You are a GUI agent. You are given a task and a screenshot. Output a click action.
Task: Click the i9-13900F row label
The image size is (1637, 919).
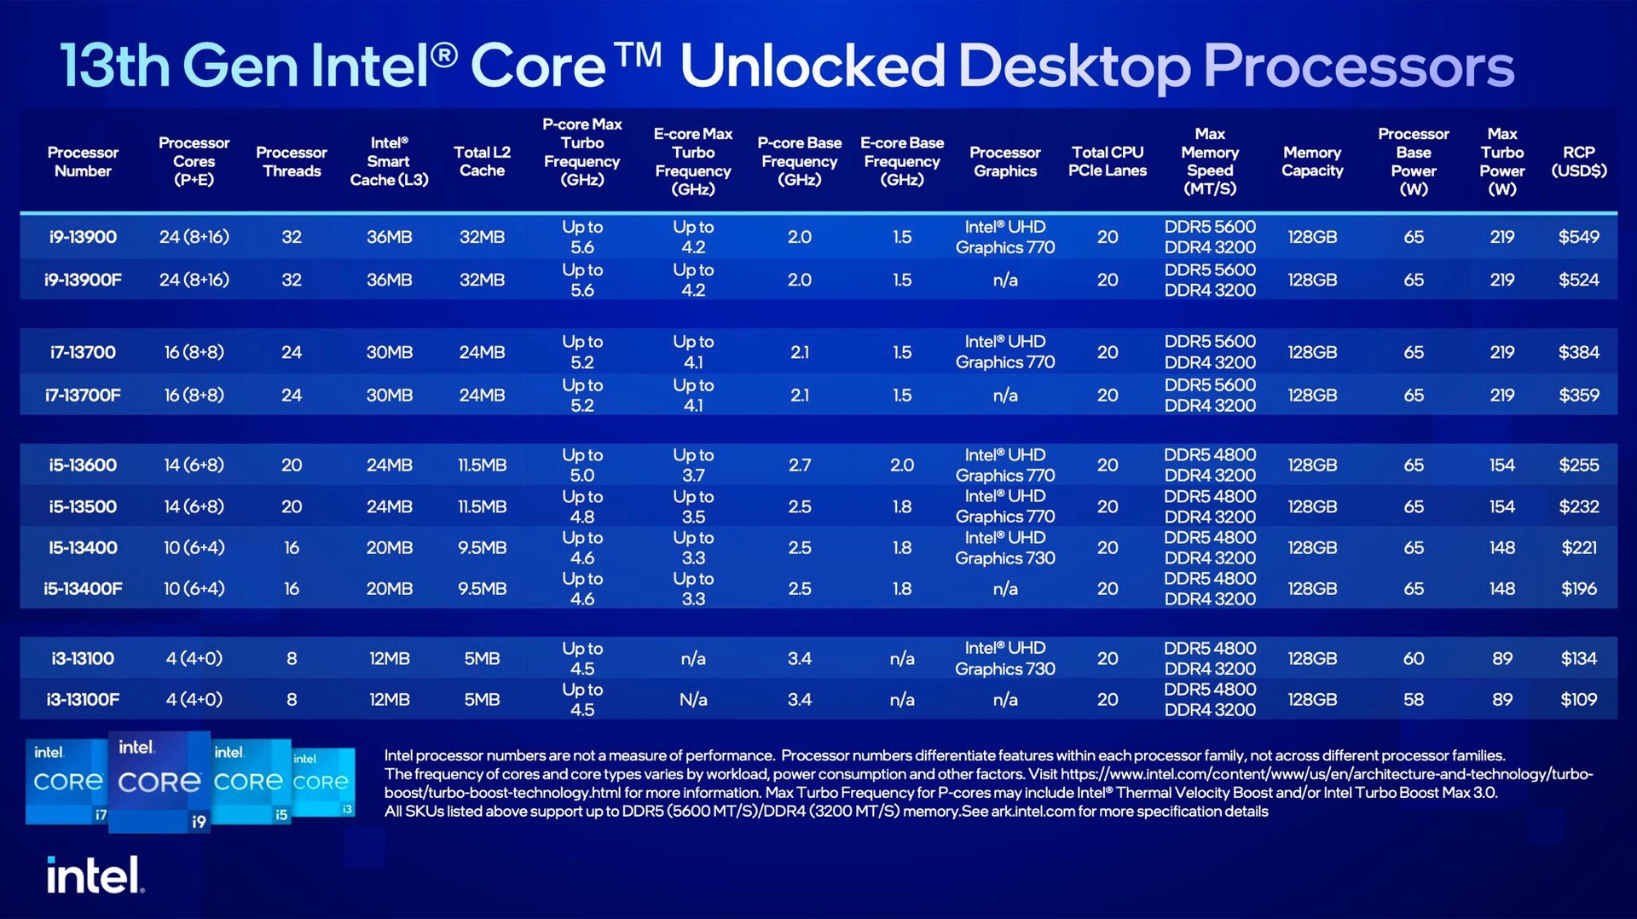click(83, 280)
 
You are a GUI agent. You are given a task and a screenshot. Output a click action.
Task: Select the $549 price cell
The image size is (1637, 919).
click(1578, 237)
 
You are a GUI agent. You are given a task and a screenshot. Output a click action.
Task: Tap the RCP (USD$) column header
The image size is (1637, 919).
click(1578, 161)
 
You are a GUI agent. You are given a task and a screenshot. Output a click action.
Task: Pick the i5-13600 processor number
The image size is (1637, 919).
click(83, 465)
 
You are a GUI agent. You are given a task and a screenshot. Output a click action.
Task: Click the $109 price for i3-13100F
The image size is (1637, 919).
click(1578, 699)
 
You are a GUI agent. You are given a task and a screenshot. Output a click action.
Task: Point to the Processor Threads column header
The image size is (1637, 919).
click(291, 161)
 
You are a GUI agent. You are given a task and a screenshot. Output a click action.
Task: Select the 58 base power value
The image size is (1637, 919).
click(1413, 699)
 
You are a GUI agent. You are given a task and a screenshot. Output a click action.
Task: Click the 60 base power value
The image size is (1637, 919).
click(1413, 658)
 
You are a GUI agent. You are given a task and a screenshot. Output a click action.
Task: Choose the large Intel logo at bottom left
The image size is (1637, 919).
click(95, 876)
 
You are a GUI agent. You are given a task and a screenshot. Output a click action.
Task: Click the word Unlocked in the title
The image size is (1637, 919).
click(812, 66)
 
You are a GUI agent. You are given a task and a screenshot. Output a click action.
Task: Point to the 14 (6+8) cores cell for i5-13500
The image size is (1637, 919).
click(194, 506)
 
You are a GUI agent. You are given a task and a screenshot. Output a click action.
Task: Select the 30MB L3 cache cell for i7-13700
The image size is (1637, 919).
click(389, 352)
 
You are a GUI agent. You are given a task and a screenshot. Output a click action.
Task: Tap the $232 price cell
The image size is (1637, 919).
click(1578, 506)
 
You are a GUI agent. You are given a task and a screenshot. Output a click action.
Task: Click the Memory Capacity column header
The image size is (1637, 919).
click(1311, 161)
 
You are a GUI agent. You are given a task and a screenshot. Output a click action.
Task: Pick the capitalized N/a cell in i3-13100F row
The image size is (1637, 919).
click(693, 699)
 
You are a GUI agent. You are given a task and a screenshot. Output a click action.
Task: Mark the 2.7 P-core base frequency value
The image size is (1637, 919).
click(799, 465)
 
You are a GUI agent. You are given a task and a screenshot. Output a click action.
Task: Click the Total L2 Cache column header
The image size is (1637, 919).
click(482, 161)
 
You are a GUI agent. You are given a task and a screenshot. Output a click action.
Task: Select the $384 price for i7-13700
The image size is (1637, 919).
click(1578, 352)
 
